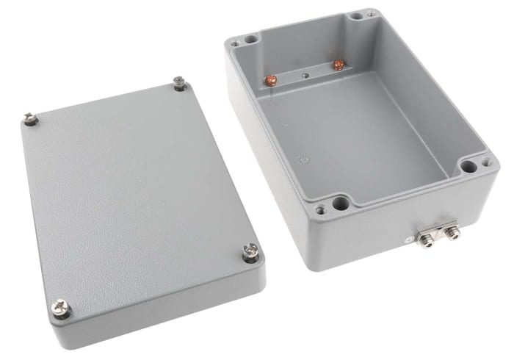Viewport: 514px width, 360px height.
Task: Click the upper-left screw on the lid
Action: coord(30,118)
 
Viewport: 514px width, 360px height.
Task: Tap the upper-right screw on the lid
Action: coord(178,82)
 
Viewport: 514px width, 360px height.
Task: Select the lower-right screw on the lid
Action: coord(248,254)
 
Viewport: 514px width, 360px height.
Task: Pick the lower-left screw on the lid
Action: coord(59,308)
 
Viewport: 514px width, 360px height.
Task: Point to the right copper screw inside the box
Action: coord(338,66)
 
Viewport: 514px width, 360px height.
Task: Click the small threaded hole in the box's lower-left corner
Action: coord(320,209)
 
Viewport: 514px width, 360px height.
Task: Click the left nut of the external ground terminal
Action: coord(424,235)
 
